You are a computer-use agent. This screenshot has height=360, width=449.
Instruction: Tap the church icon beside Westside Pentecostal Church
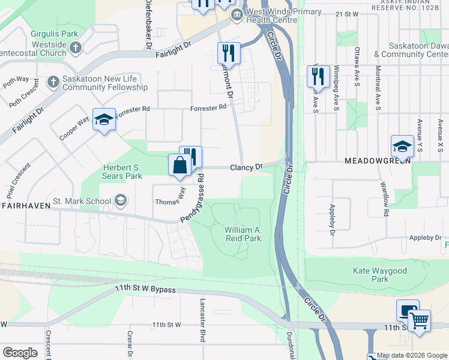coord(76,47)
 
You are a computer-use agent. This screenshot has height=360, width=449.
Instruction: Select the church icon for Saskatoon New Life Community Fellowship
coord(53,81)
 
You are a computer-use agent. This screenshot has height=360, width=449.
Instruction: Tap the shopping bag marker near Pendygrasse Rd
coord(180,165)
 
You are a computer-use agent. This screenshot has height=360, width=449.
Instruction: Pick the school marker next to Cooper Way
coord(104,119)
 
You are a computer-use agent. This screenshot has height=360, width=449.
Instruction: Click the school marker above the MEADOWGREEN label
coord(402,146)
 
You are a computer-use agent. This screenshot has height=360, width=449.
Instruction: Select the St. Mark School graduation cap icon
coord(121,200)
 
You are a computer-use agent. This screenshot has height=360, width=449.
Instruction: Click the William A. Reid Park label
coord(243,234)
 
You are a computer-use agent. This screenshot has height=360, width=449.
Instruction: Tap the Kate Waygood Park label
coord(380,275)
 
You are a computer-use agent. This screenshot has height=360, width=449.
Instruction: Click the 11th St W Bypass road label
coord(146,290)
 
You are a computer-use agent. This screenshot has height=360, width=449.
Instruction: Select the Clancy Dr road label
coord(247,167)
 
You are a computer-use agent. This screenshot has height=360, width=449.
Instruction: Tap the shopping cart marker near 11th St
coord(420,320)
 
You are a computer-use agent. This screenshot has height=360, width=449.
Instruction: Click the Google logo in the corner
coord(20,353)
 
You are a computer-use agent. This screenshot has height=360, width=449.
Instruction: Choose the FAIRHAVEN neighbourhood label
coord(23,205)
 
